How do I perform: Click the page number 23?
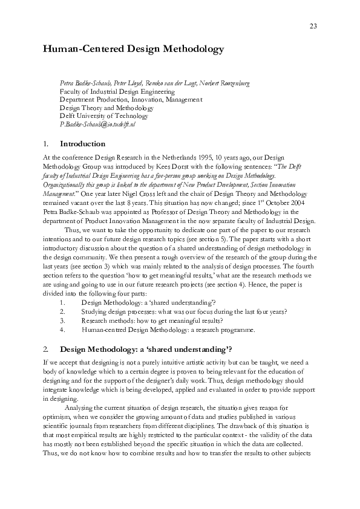tap(313, 25)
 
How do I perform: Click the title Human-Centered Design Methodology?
tap(133, 49)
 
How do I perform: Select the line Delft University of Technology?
tap(103, 115)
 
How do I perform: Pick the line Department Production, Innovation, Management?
tap(131, 99)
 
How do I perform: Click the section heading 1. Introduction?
tap(74, 144)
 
